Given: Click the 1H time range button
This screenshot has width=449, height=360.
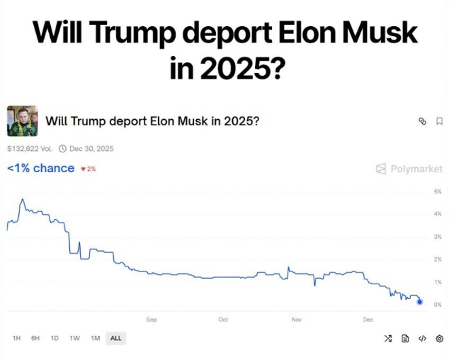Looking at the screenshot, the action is [16, 338].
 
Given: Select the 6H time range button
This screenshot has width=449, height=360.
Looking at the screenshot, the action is [35, 338].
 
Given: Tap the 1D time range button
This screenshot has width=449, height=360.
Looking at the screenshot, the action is [55, 338].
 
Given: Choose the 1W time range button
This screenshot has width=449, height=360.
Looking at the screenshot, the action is [75, 338].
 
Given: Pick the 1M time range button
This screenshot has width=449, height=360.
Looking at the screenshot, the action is [96, 338].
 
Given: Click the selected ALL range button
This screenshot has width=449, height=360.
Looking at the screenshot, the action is [116, 338].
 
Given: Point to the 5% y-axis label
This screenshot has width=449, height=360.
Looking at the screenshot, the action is [438, 191].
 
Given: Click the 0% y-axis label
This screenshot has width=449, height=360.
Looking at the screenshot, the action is [438, 305].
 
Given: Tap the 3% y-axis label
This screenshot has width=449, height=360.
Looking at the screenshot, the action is [438, 237].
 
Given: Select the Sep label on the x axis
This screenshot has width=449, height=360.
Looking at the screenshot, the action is [152, 320].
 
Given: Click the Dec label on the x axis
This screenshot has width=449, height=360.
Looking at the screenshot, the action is [368, 320].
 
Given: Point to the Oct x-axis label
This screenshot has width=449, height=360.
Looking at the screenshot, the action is [223, 320].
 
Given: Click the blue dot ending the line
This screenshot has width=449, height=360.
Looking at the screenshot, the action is [420, 301].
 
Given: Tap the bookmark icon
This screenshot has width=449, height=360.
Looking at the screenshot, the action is [440, 121].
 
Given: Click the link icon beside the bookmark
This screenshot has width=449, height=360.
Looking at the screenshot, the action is [422, 121].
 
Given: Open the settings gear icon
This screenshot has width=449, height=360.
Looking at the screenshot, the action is [439, 339].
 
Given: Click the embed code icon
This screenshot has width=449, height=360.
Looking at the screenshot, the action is [422, 339].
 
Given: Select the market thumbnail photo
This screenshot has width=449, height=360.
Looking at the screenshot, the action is [23, 121].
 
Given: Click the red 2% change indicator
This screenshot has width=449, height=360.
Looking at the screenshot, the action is [89, 169].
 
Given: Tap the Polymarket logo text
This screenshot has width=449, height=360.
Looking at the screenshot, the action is [416, 169].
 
